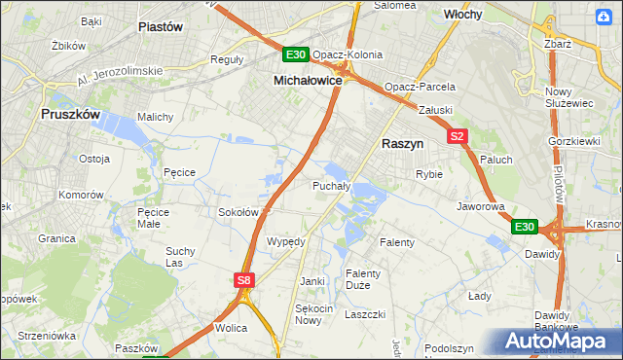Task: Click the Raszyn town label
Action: click(x=402, y=142)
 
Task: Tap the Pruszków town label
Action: click(x=72, y=114)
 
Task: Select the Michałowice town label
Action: click(x=308, y=81)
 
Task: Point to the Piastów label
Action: click(x=162, y=27)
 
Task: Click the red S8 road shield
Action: click(x=244, y=280)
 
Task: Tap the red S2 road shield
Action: click(x=458, y=137)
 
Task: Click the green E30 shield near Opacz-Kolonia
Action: click(x=296, y=55)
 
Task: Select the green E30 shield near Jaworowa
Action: click(x=524, y=227)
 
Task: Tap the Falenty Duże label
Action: click(x=364, y=279)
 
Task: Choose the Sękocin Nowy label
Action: click(x=309, y=314)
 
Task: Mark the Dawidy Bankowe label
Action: click(x=558, y=321)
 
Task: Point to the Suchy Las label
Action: click(x=181, y=257)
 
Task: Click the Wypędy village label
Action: click(x=286, y=241)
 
